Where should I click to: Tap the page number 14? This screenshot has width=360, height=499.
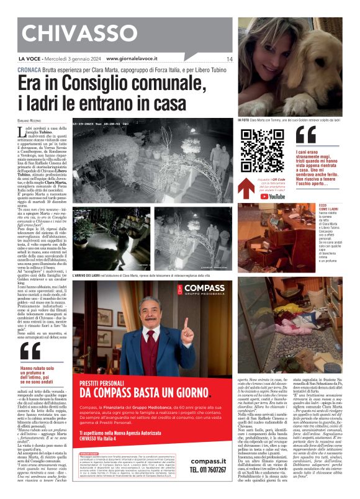click(x=229, y=59)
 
